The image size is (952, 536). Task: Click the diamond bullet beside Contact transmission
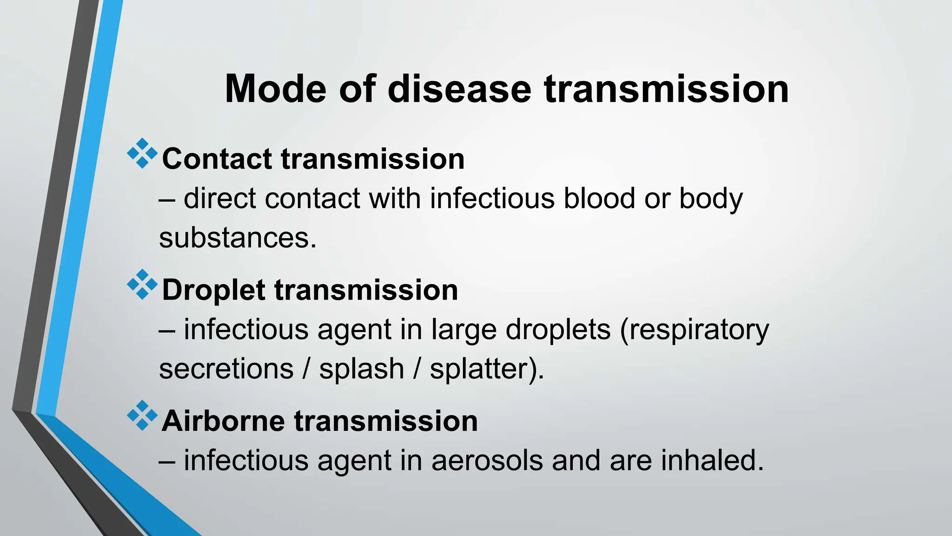click(x=142, y=154)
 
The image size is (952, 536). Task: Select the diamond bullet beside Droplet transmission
click(x=142, y=284)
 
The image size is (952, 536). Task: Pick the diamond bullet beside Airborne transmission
click(x=142, y=415)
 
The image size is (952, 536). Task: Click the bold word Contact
click(x=217, y=159)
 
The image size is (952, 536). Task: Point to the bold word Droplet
click(x=213, y=290)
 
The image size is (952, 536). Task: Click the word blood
click(x=599, y=198)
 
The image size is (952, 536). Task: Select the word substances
click(x=237, y=238)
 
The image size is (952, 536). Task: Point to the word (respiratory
click(x=694, y=330)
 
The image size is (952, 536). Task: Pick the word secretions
click(x=226, y=369)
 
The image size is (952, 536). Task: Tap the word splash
click(x=362, y=369)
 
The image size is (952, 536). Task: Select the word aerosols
click(x=487, y=461)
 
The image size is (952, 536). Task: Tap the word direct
click(x=220, y=198)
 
